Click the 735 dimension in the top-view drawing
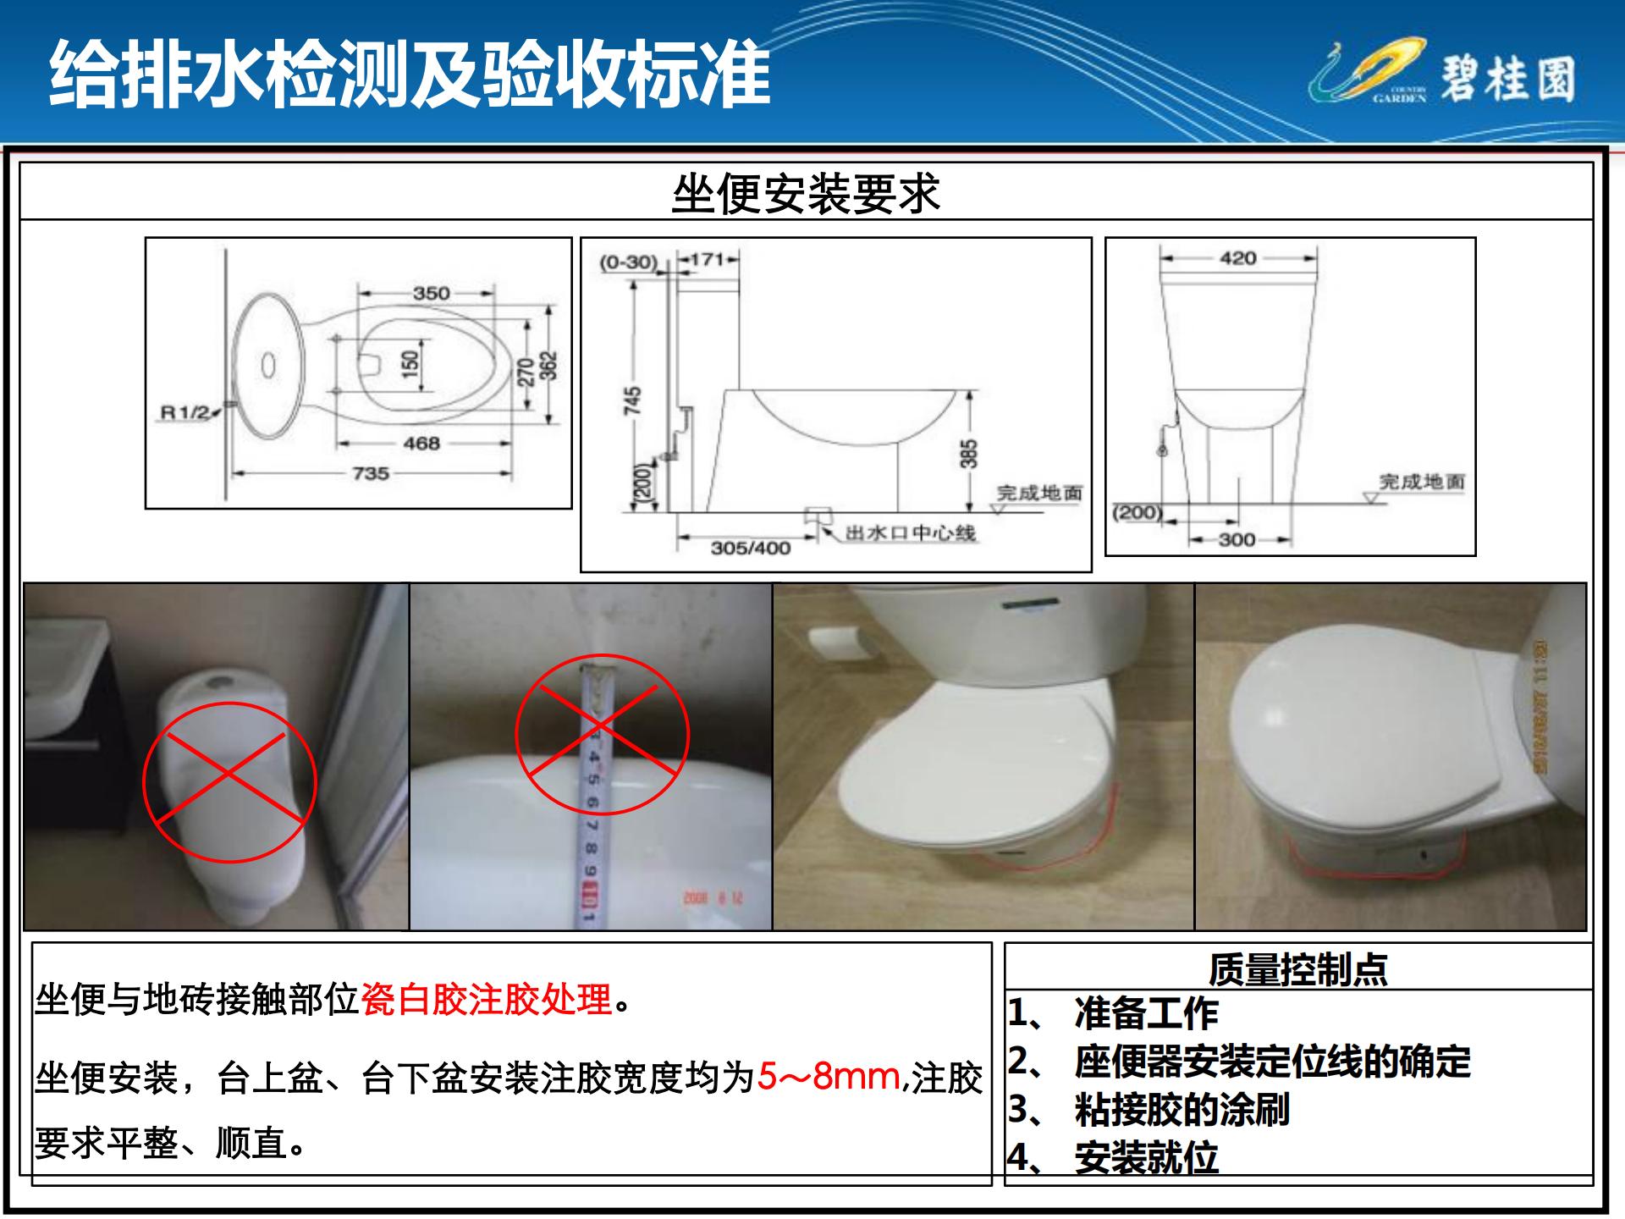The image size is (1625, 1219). click(x=371, y=474)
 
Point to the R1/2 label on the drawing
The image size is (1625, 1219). click(x=185, y=413)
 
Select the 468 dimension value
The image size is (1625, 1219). click(x=421, y=444)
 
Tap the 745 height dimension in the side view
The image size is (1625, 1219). click(x=633, y=400)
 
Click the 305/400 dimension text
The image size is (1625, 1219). click(x=751, y=549)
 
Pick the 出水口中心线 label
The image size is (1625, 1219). click(x=911, y=533)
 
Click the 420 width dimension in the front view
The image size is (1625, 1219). click(x=1237, y=259)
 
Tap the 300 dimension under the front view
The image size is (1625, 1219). click(x=1237, y=540)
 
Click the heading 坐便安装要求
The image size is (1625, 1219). click(x=806, y=194)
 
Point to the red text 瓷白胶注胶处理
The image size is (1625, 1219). click(x=487, y=1000)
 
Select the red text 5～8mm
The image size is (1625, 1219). click(x=829, y=1077)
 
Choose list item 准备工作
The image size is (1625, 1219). click(x=1146, y=1013)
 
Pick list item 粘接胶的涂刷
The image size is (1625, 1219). click(x=1182, y=1110)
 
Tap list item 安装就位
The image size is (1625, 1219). click(x=1146, y=1158)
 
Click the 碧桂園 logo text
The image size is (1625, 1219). click(x=1507, y=80)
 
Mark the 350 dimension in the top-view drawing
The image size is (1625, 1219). click(x=431, y=294)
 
